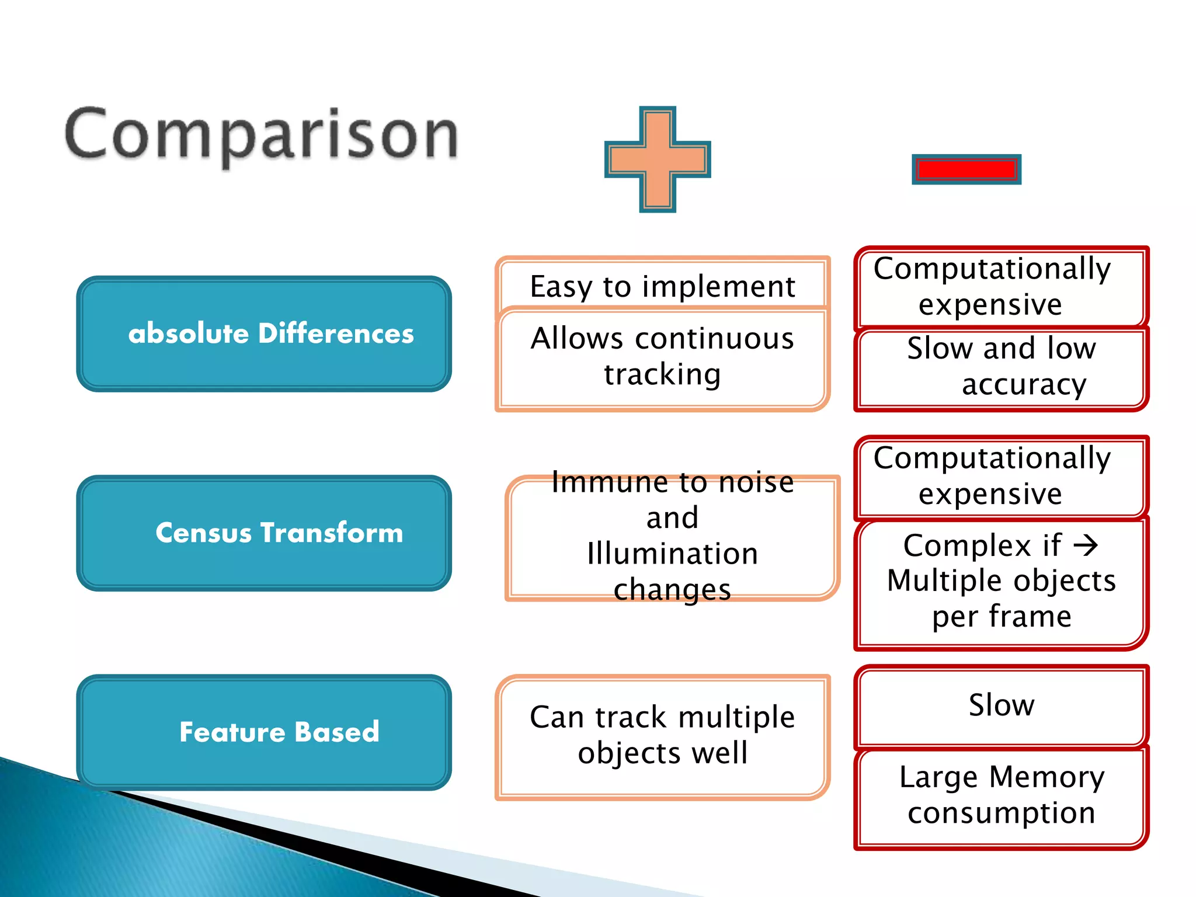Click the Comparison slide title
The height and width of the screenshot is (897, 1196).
click(x=261, y=135)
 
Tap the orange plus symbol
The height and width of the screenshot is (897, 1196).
click(x=658, y=159)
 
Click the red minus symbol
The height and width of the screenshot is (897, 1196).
click(x=966, y=169)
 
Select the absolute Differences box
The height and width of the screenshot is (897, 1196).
click(x=264, y=334)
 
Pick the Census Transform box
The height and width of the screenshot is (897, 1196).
click(x=264, y=533)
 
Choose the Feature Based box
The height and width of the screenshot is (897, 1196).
click(x=264, y=732)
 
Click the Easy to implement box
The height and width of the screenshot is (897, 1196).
click(x=662, y=286)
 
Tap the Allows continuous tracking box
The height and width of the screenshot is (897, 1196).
click(x=662, y=356)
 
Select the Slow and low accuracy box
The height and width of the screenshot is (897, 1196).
click(x=1001, y=367)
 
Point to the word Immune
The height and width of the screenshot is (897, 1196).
click(x=603, y=482)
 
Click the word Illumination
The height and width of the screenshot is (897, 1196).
click(x=672, y=554)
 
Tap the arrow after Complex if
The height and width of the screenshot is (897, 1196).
click(x=1086, y=545)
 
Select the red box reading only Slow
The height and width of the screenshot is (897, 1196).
click(x=1001, y=705)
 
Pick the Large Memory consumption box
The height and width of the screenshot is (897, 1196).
click(x=1001, y=795)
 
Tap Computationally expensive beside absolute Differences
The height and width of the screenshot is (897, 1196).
click(x=992, y=286)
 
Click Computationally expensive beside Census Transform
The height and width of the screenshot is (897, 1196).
click(x=992, y=476)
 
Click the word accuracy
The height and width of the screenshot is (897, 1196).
click(x=1024, y=385)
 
